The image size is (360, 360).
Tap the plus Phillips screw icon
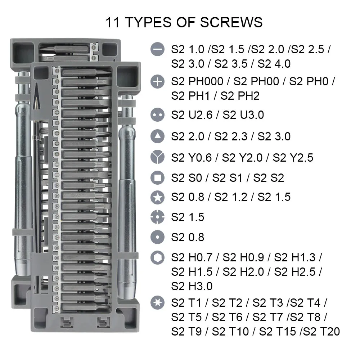click(157, 82)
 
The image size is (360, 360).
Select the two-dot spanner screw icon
click(157, 115)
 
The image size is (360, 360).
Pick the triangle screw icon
click(157, 136)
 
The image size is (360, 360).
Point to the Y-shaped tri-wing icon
click(157, 157)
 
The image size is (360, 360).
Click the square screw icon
click(157, 177)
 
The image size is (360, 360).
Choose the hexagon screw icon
click(157, 258)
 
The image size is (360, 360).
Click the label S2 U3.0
click(243, 115)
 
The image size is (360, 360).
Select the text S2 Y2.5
click(293, 157)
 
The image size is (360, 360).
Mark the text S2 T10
click(230, 331)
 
